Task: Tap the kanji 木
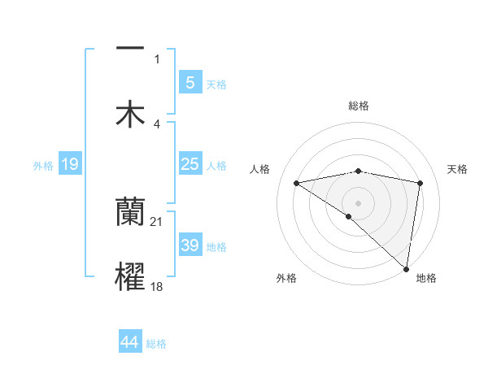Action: pyautogui.click(x=130, y=114)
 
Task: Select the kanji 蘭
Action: pyautogui.click(x=130, y=213)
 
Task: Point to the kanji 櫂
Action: pyautogui.click(x=130, y=276)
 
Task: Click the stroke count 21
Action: pyautogui.click(x=157, y=222)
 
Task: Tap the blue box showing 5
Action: pyautogui.click(x=190, y=83)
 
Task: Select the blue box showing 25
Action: pyautogui.click(x=190, y=164)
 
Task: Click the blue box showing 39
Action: pyautogui.click(x=190, y=245)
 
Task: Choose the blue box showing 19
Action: pyautogui.click(x=69, y=165)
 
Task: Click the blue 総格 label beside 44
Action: pyautogui.click(x=156, y=344)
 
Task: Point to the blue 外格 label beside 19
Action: pyautogui.click(x=43, y=166)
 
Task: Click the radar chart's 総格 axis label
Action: pyautogui.click(x=359, y=106)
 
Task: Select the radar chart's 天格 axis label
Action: pyautogui.click(x=458, y=169)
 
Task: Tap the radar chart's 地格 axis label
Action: pyautogui.click(x=426, y=278)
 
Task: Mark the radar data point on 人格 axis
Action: pyautogui.click(x=296, y=183)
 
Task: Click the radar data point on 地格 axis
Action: pyautogui.click(x=407, y=269)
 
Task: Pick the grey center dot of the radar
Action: pyautogui.click(x=359, y=202)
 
